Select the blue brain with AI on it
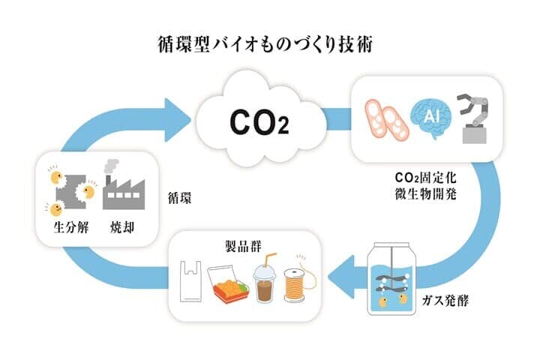tap(430, 117)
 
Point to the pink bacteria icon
tap(385, 119)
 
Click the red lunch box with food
tap(229, 285)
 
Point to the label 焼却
tap(122, 226)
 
